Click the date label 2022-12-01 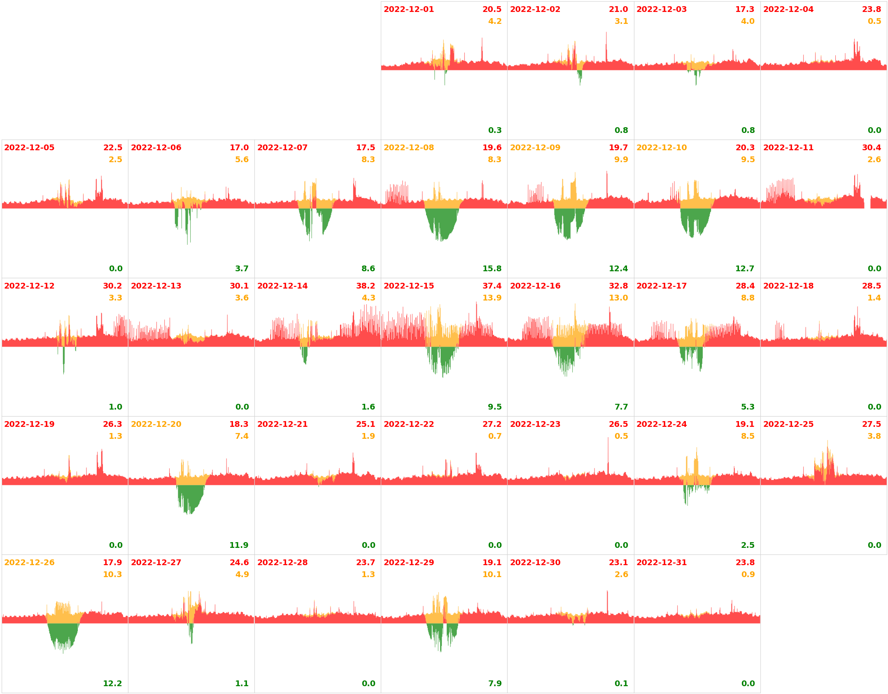point(408,9)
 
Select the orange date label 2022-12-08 point(408,148)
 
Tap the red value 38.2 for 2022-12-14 point(365,286)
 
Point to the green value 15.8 point(492,269)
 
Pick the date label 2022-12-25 point(788,424)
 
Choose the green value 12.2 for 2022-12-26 point(112,684)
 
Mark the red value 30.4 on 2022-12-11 point(871,148)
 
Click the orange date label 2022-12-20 point(156,424)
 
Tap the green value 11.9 point(239,545)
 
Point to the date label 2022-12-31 point(661,563)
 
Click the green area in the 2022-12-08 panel point(441,222)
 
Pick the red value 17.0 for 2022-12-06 point(239,148)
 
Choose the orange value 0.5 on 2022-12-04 point(874,21)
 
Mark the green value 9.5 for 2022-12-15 point(494,407)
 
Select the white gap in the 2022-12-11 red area point(867,203)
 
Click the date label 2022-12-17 point(661,286)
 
